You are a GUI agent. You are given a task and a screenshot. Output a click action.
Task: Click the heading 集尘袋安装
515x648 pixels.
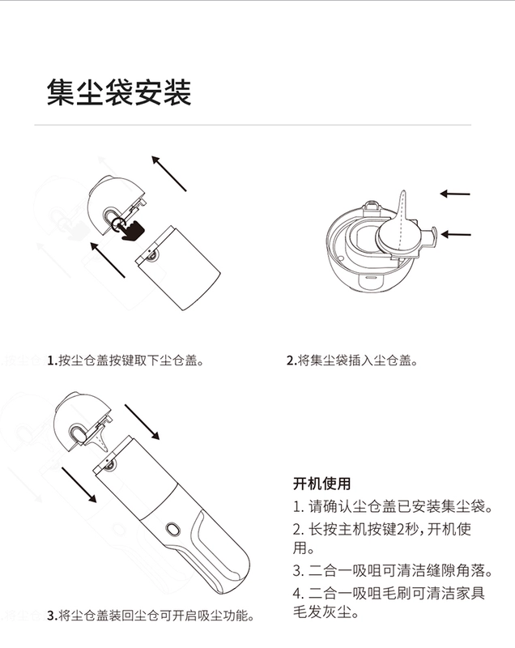click(119, 92)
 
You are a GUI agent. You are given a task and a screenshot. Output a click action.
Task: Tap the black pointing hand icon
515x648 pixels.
click(132, 230)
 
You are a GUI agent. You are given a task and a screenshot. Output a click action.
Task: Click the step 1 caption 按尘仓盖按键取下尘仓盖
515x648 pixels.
click(126, 360)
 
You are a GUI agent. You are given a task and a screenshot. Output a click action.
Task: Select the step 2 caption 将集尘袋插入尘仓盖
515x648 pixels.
click(352, 360)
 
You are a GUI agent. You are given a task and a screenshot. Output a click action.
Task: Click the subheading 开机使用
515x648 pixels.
click(321, 484)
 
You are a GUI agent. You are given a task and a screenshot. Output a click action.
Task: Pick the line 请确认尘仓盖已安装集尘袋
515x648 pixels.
click(393, 506)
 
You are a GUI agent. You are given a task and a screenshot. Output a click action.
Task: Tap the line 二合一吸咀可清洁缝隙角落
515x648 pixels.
click(393, 571)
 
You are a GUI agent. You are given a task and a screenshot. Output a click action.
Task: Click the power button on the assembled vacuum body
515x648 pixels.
click(172, 529)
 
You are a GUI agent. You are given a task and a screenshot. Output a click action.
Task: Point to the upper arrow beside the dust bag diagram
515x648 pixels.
click(455, 194)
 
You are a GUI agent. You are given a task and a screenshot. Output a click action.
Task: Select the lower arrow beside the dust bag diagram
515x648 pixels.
click(456, 234)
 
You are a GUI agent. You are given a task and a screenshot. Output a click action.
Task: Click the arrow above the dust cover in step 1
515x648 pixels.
click(169, 173)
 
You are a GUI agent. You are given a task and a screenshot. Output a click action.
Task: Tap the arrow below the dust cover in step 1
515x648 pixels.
click(108, 260)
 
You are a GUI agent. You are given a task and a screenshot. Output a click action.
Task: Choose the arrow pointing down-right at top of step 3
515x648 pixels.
click(142, 422)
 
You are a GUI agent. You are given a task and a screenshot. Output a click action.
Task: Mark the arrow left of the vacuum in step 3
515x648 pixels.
click(79, 484)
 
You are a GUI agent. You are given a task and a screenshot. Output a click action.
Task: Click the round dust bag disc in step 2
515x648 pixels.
click(398, 234)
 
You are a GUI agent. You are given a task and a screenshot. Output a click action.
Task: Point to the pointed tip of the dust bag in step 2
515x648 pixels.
click(403, 191)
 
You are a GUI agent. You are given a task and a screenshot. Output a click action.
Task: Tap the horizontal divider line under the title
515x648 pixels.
click(253, 125)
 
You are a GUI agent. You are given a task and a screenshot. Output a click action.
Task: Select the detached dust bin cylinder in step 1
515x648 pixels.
click(178, 267)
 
